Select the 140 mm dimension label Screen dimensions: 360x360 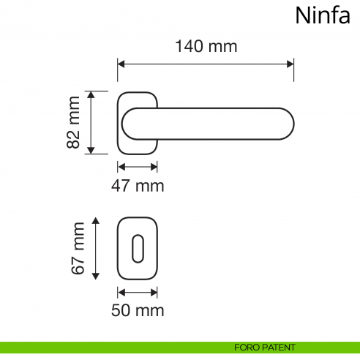206,46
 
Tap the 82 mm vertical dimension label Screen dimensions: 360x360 73,123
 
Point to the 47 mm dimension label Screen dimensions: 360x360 138,186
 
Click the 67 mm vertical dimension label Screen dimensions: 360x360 79,249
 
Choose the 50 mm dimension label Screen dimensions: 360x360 138,310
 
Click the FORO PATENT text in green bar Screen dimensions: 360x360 265,347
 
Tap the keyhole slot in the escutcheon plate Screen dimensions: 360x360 138,249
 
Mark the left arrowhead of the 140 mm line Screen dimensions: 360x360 121,64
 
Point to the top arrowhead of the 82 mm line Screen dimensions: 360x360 91,96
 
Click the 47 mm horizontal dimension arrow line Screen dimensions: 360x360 138,166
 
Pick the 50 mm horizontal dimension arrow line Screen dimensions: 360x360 138,293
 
